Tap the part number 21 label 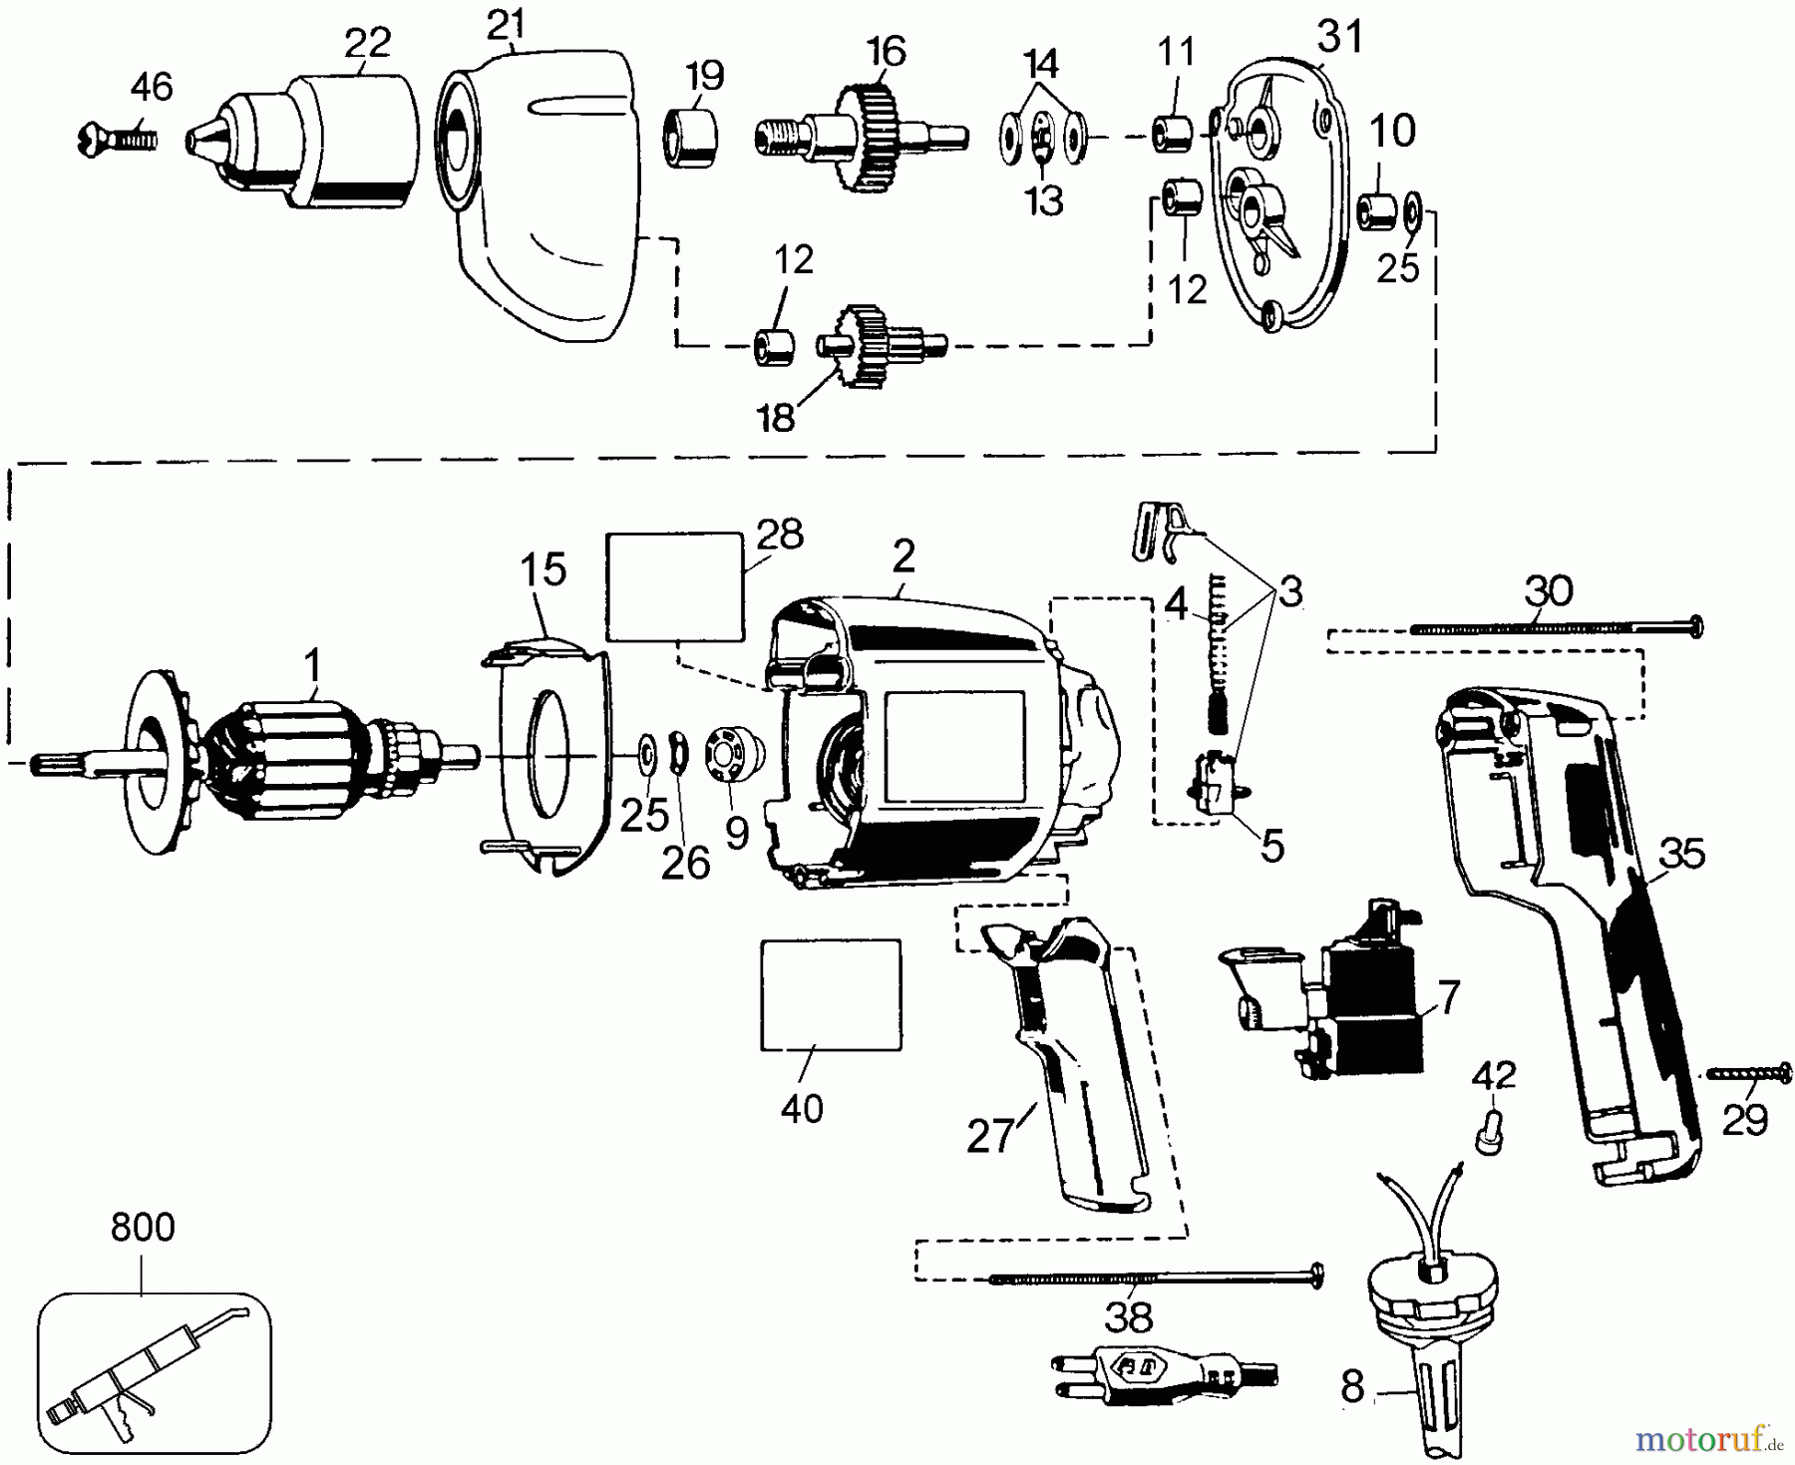[x=506, y=22]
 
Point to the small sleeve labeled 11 [x=1171, y=135]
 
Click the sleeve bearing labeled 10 [x=1377, y=211]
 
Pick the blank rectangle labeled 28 [x=675, y=585]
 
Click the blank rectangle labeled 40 [x=831, y=994]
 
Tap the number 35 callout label [x=1682, y=855]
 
